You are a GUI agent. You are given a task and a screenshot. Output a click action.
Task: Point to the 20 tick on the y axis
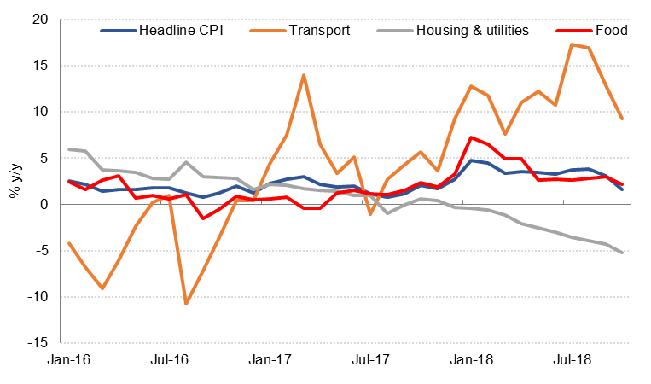[x=40, y=19]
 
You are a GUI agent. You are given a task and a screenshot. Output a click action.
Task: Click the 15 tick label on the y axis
[x=40, y=66]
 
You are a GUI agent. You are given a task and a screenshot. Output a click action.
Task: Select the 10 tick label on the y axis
[x=40, y=112]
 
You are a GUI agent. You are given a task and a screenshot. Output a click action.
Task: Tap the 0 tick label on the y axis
[x=44, y=205]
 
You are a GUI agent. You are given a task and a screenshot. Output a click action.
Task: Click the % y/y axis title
[x=15, y=181]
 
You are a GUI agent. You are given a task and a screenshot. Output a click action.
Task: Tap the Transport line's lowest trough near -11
[x=186, y=303]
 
